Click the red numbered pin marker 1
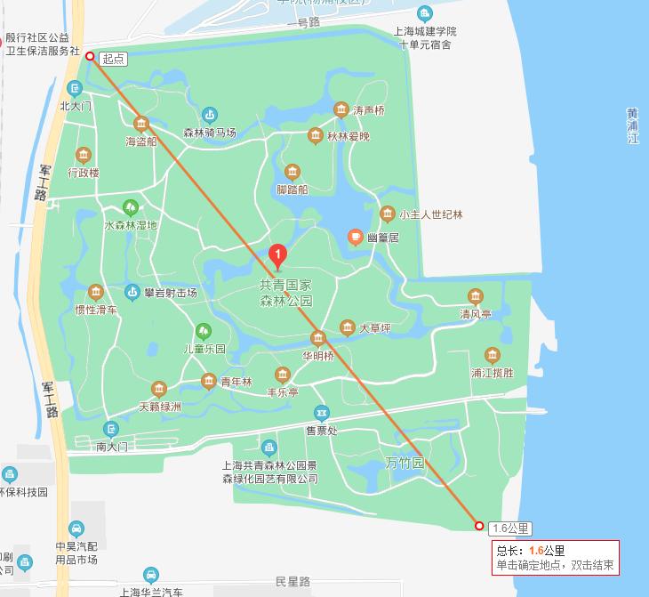277,256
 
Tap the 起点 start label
114,59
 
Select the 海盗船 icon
140,124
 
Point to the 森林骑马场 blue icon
209,115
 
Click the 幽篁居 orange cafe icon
356,238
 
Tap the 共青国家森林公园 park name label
286,294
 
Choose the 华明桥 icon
317,338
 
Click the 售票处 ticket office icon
322,413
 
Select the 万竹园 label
405,464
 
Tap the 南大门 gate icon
110,428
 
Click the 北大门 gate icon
75,88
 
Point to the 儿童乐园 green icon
204,331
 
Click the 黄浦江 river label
632,126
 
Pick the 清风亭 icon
476,296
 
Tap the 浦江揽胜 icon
492,356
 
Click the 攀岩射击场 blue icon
132,291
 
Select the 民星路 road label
293,582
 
